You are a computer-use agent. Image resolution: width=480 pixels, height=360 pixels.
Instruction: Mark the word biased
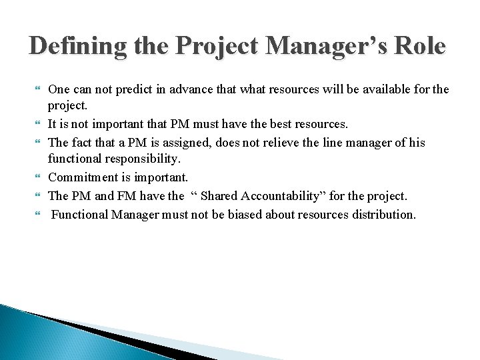(x=254, y=214)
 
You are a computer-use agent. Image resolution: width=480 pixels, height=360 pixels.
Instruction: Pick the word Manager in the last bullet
(x=131, y=214)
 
